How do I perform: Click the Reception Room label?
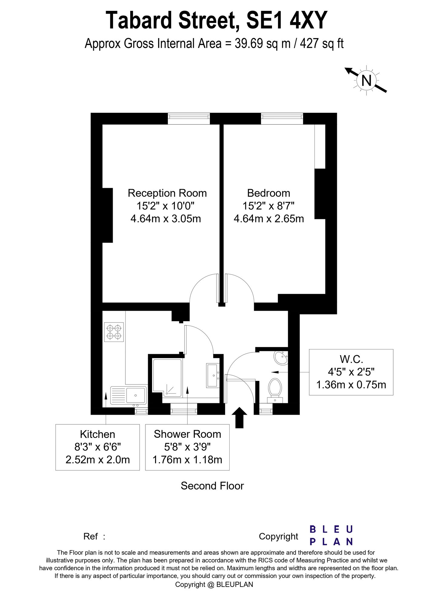167,193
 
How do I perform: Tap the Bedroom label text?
268,193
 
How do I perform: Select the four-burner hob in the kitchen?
114,332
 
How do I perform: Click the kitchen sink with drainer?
128,395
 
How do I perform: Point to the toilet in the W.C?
275,388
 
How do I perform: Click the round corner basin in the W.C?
281,358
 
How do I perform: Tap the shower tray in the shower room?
168,377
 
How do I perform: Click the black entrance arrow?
239,417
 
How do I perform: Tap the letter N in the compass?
367,81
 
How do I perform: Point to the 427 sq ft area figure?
322,44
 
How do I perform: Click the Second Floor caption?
212,486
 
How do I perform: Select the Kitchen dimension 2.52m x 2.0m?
98,460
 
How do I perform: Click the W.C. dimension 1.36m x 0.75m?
351,385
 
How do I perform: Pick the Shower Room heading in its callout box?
187,434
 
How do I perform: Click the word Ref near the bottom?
90,536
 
